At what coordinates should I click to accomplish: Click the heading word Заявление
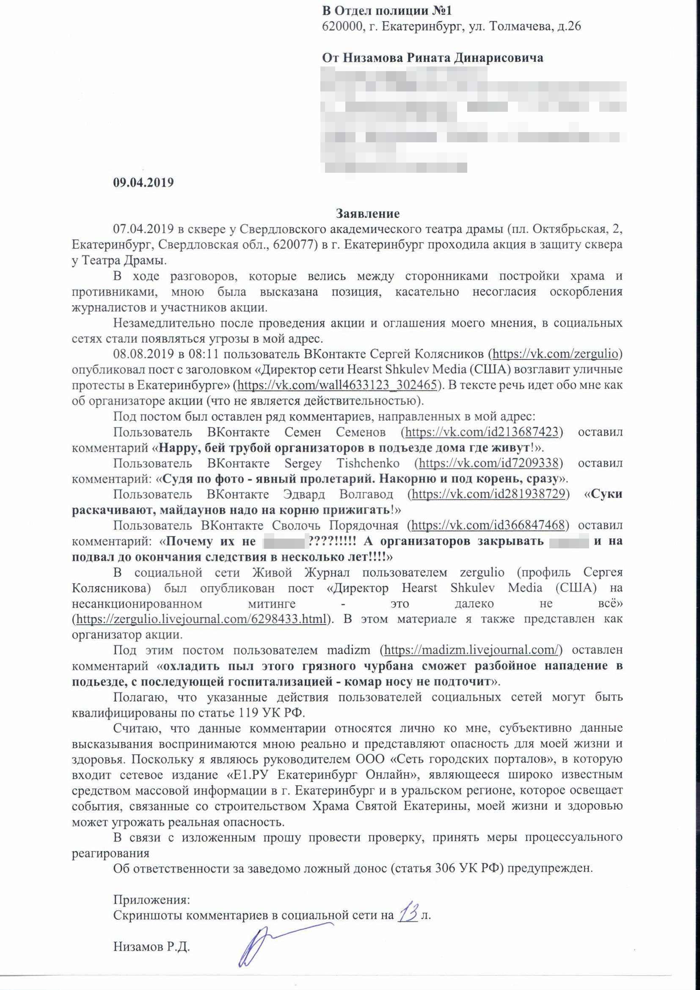point(368,214)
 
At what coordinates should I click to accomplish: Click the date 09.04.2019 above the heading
point(143,183)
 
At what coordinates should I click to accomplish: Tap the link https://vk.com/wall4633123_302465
point(337,384)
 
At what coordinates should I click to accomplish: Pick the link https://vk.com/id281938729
point(488,494)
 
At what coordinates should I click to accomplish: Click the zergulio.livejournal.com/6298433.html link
point(201,619)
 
